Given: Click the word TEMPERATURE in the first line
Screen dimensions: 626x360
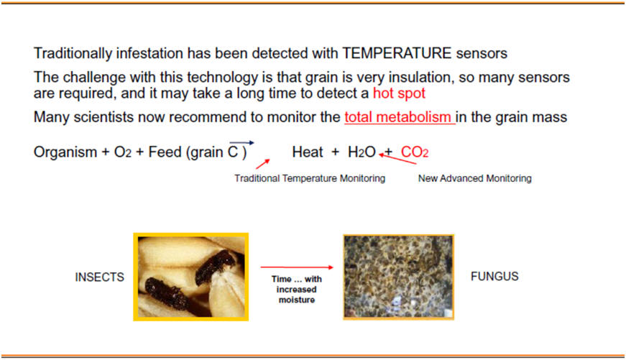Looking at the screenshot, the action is click(x=397, y=53).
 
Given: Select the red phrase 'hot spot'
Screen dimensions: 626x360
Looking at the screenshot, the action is click(x=399, y=93).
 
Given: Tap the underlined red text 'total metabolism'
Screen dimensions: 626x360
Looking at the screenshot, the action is click(x=398, y=117).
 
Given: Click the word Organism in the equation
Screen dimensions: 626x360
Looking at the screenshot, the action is click(x=65, y=152).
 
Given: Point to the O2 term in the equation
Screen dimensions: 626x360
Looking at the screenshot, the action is click(x=123, y=152).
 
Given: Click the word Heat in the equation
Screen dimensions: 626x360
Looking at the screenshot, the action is click(x=308, y=152).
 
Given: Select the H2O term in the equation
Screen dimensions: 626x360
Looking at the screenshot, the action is click(x=362, y=152).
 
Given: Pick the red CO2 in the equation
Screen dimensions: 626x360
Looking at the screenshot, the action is click(x=415, y=152).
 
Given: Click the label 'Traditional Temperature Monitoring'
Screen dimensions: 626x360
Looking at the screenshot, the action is click(x=310, y=178).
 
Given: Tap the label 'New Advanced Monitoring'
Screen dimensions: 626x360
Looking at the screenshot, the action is click(x=474, y=178).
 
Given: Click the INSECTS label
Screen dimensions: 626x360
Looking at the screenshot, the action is click(x=99, y=277).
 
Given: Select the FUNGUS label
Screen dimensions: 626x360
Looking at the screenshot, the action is click(x=494, y=276).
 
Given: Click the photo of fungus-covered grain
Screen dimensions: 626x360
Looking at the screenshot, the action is click(x=398, y=277).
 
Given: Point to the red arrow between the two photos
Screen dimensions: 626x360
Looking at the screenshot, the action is click(x=297, y=267).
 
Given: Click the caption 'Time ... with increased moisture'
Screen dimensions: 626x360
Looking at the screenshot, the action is click(x=297, y=290).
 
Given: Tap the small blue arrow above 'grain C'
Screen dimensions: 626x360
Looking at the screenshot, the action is click(x=241, y=142).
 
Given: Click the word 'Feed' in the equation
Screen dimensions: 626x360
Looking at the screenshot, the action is click(x=165, y=152).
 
